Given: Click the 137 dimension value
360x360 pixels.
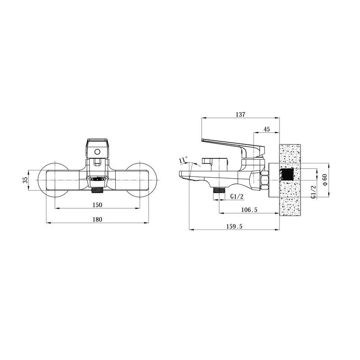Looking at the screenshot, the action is tap(240, 114).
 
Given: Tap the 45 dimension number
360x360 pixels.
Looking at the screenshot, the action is tap(266, 129).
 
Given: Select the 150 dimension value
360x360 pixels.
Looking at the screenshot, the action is tap(97, 205).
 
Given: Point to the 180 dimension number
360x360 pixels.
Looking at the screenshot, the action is tap(97, 220).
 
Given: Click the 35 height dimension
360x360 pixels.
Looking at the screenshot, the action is tap(26, 180).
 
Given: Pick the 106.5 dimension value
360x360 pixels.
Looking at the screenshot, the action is tap(249, 210).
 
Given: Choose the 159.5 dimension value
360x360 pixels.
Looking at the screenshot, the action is tap(234, 226).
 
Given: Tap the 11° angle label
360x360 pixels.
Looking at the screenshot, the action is tap(184, 160).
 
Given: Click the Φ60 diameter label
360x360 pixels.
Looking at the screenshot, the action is tap(324, 180).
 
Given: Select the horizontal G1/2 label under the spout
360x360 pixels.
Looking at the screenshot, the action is tap(237, 196).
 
